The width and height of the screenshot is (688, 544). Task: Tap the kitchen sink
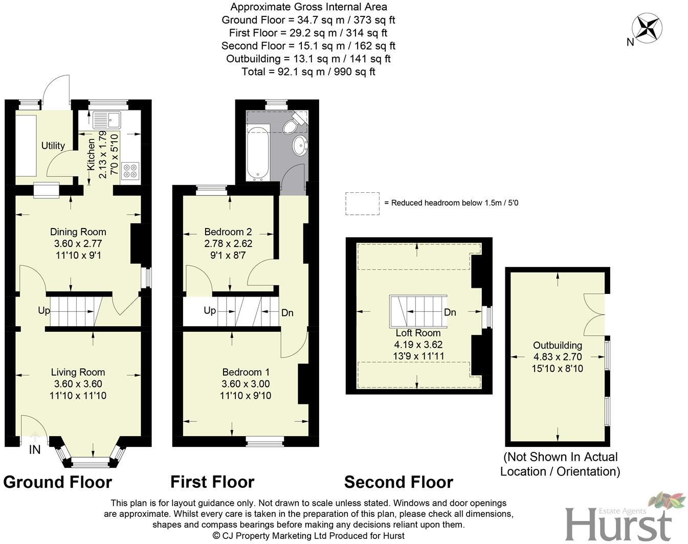[106, 120]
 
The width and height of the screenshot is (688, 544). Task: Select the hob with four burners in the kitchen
[130, 171]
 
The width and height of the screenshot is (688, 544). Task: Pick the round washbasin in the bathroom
[300, 145]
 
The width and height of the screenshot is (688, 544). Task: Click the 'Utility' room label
[53, 146]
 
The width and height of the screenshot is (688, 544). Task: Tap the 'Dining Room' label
[78, 232]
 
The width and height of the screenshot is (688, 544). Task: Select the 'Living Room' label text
[78, 372]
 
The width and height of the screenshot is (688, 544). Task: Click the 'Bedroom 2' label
[228, 232]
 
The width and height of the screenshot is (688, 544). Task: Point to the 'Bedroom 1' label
[246, 372]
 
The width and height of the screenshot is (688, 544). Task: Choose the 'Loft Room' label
[418, 333]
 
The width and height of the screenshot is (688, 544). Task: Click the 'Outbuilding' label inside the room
[558, 345]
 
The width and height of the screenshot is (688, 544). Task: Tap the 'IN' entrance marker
[35, 450]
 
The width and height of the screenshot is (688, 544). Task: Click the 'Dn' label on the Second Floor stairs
[450, 312]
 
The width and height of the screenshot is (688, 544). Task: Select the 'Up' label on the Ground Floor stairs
[44, 310]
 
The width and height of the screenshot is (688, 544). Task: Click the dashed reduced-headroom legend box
[362, 203]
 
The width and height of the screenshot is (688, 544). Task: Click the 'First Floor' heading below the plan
[212, 482]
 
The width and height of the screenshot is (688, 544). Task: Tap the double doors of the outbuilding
[595, 312]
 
